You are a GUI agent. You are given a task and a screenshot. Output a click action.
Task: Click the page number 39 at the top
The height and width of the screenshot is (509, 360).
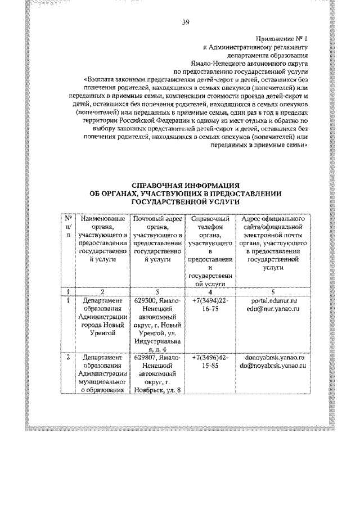pos(185,22)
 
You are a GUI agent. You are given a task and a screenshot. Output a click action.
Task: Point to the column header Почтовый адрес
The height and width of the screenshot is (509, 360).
pos(157,218)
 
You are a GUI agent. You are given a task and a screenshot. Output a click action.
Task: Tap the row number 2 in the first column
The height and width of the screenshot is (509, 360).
pos(67,357)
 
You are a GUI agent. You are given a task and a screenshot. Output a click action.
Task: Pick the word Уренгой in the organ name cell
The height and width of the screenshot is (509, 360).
pos(102,334)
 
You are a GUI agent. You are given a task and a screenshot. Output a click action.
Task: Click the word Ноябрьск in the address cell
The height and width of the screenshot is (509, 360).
pos(149,390)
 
